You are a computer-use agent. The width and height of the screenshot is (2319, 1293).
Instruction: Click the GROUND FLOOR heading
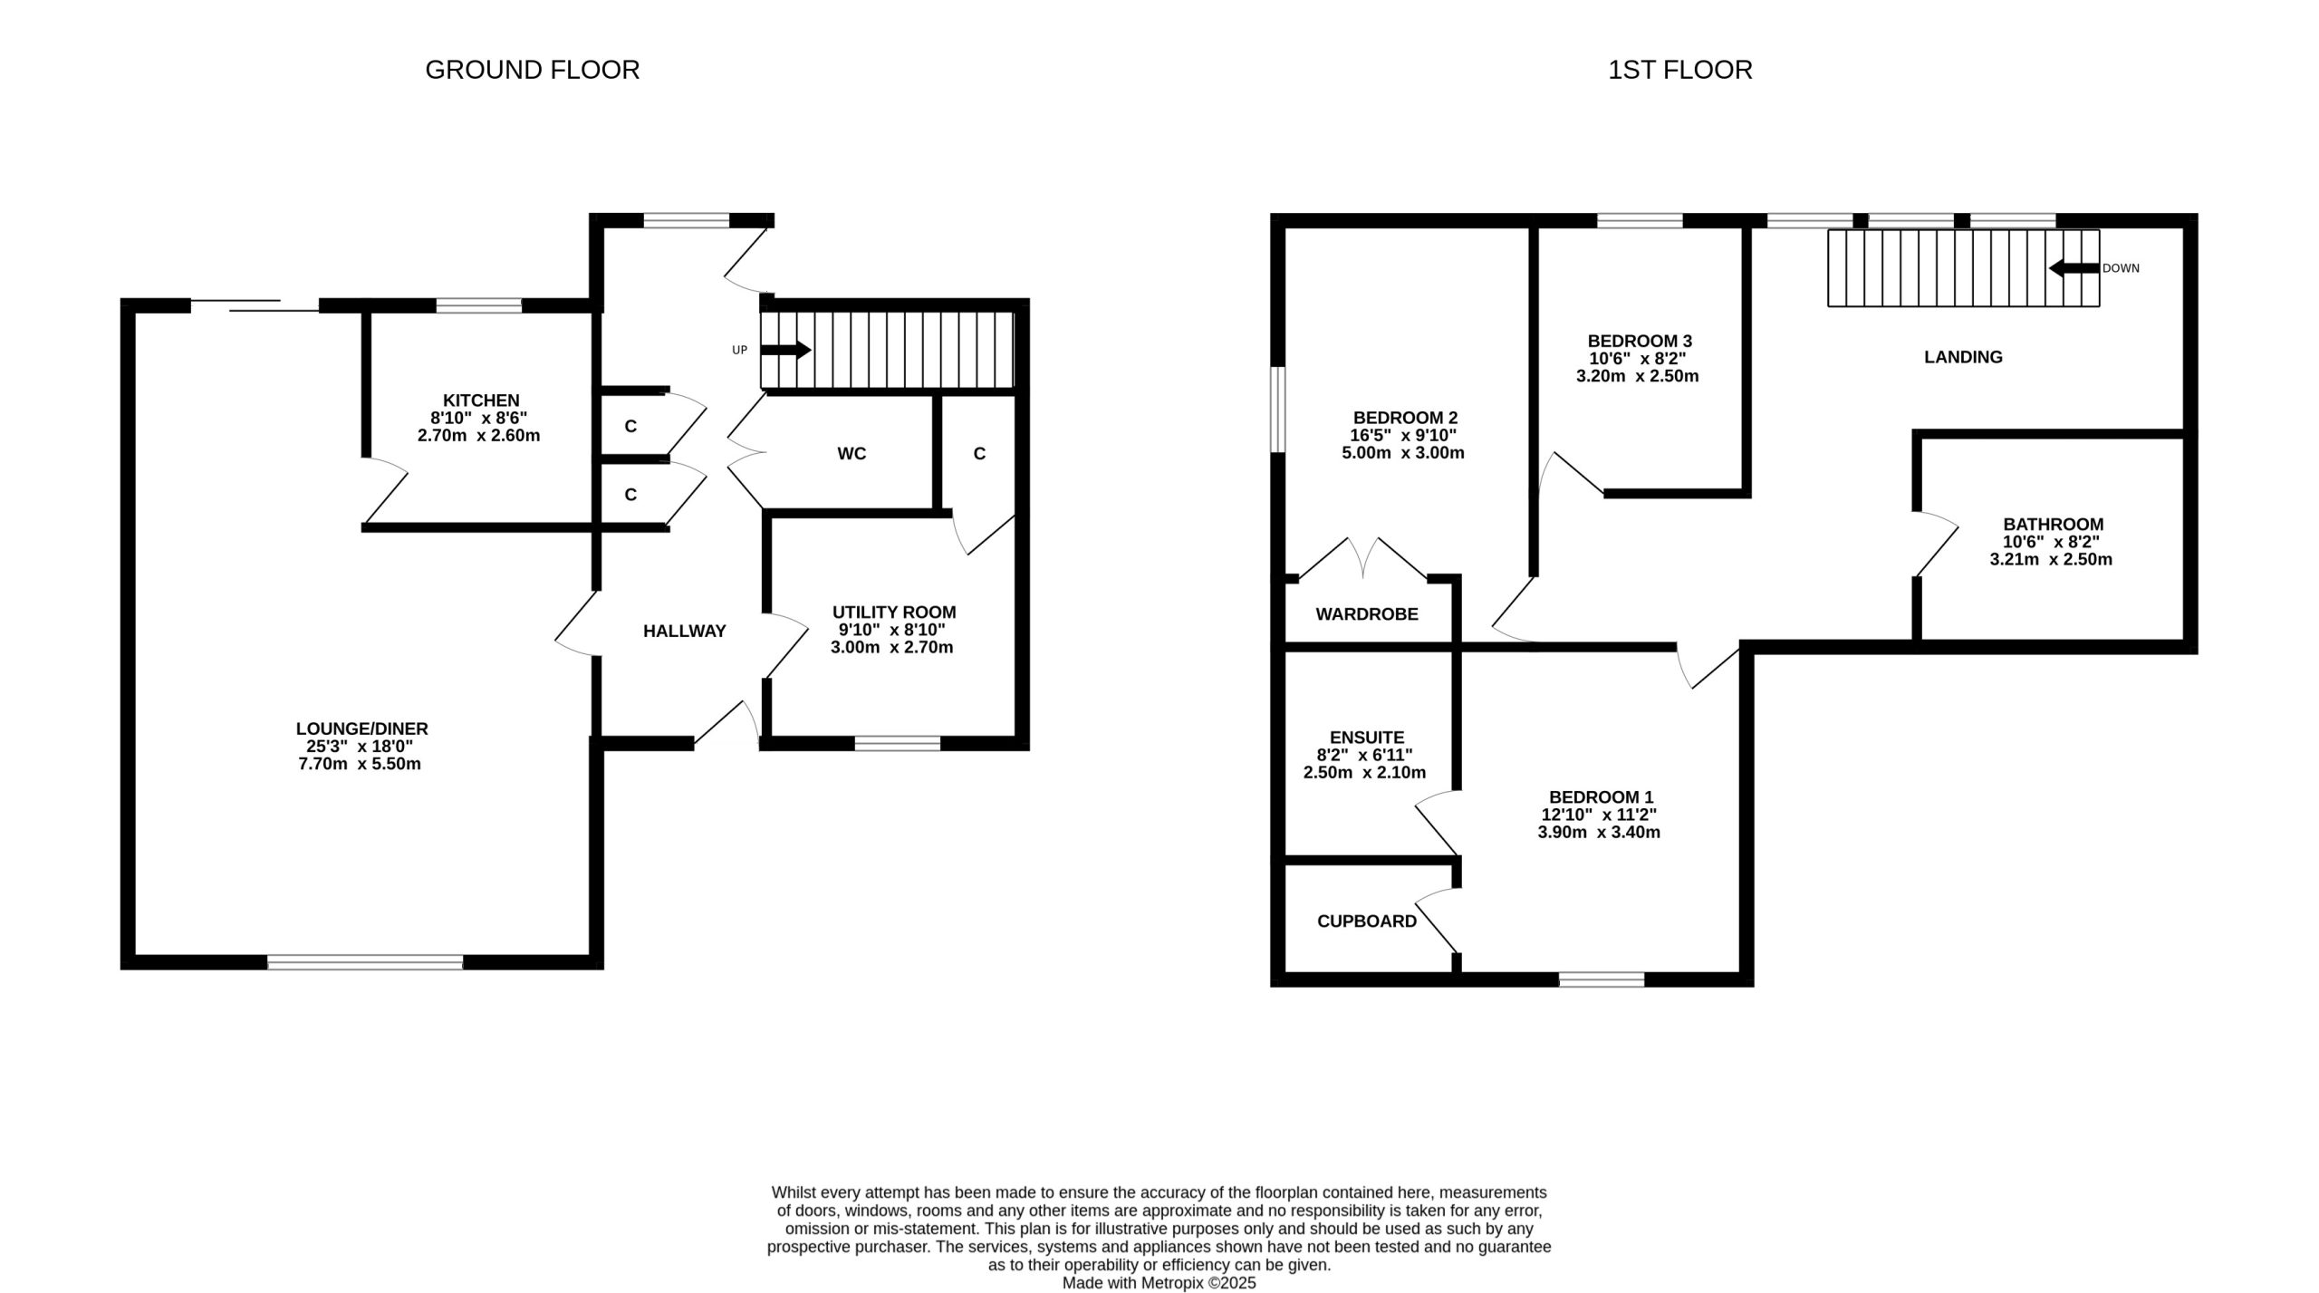tap(533, 70)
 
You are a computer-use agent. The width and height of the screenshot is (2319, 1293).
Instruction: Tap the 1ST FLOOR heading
tap(1679, 70)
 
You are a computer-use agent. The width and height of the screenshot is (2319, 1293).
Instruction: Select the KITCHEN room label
tap(481, 400)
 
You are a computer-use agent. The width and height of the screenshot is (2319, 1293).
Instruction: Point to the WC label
tap(852, 454)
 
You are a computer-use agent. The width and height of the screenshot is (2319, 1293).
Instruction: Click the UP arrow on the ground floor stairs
tap(784, 350)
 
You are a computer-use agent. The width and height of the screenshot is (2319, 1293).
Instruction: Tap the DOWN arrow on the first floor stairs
tap(2074, 268)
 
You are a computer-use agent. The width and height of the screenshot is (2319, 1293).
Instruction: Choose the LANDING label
tap(1963, 357)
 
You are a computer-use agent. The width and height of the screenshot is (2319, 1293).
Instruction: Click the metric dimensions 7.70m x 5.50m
tap(360, 764)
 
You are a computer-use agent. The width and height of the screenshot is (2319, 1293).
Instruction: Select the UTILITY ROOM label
tap(894, 613)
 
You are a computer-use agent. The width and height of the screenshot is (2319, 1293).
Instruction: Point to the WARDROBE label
tap(1367, 614)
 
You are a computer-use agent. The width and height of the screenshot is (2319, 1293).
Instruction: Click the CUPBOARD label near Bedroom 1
tap(1367, 922)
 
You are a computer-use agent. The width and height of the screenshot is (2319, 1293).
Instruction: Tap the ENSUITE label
tap(1367, 738)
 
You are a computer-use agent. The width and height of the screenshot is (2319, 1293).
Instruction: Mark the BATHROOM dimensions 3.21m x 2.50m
tap(2051, 560)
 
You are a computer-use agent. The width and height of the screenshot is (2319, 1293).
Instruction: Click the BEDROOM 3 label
tap(1640, 342)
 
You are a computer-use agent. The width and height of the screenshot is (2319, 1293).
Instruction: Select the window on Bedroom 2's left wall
tap(1278, 409)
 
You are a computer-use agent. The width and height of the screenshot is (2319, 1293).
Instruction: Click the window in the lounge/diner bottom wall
tap(365, 962)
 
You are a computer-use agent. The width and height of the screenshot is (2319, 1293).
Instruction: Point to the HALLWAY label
tap(685, 632)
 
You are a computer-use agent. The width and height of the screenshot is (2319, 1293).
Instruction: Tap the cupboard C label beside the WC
tap(979, 454)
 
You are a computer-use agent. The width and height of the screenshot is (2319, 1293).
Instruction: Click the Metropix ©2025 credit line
tap(1159, 1283)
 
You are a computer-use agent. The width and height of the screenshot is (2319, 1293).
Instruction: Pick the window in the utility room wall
tap(898, 744)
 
